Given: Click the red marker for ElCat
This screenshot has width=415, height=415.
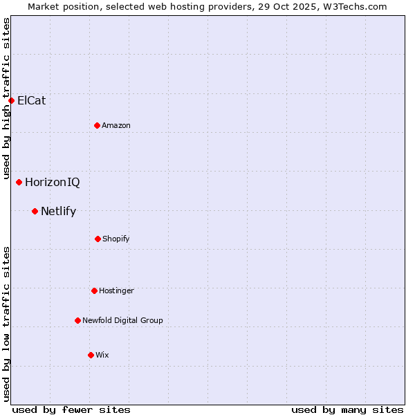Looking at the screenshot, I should coord(11,100).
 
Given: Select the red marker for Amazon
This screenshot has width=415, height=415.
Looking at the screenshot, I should coord(97,125).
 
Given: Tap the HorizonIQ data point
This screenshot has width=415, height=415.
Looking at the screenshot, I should coord(19,183).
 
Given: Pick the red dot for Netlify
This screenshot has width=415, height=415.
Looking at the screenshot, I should coord(35,211).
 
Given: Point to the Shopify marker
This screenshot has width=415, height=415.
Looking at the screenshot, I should coord(98,239).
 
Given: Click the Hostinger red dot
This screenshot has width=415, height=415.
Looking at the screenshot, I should coord(94,290).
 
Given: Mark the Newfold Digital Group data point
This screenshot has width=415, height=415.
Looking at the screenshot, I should coord(77,320).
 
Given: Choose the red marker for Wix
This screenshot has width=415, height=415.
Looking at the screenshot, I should coord(91,355).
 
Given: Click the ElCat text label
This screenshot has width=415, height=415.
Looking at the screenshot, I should coord(32,100).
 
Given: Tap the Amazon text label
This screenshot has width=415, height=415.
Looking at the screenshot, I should coord(116,125).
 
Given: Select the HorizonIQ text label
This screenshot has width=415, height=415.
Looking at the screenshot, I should coord(53,183).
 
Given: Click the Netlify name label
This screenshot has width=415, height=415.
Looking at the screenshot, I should coord(59,211).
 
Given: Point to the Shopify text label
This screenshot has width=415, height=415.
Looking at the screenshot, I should coord(116,239).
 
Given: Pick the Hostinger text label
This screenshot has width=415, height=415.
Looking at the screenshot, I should coord(116,290).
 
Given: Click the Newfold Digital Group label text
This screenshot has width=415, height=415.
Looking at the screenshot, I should coord(123,320).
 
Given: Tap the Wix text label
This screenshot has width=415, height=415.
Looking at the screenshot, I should coord(102,355).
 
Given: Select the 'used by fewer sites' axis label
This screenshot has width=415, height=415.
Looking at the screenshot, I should coord(71,409).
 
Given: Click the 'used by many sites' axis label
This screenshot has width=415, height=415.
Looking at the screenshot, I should coord(347,409).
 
